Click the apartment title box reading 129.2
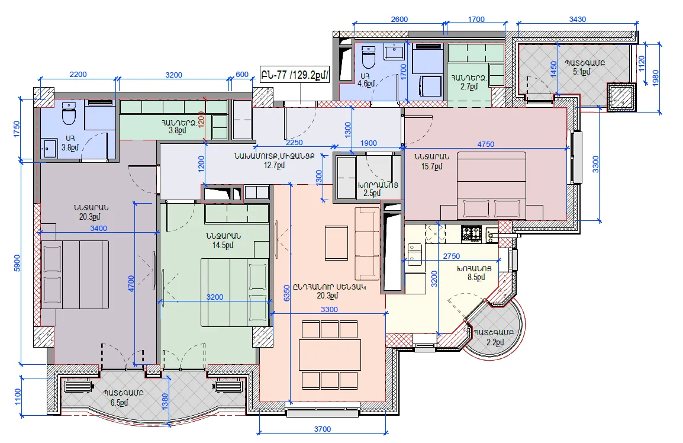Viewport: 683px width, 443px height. point(295,75)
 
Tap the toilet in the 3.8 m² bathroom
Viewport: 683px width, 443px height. point(69,114)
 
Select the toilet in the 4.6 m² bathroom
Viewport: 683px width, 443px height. point(369,57)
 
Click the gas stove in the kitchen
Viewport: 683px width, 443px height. point(471,234)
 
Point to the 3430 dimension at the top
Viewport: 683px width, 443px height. point(577,19)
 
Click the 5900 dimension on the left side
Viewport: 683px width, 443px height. point(17,263)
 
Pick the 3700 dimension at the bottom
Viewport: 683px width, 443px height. point(323,429)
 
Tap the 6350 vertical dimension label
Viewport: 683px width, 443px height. point(286,293)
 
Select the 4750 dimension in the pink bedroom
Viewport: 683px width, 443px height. point(486,145)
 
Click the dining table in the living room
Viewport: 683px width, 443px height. point(330,355)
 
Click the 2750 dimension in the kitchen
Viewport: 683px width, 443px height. point(451,256)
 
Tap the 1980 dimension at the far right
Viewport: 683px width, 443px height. point(656,78)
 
